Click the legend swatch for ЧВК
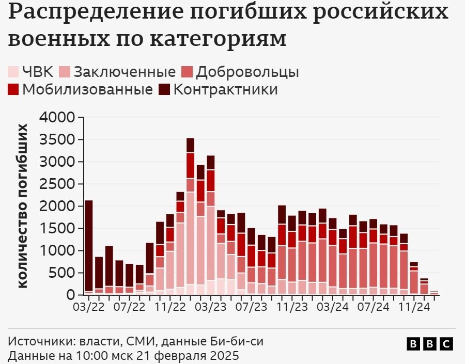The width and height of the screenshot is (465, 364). pyautogui.click(x=14, y=72)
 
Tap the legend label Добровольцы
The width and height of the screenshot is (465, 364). pyautogui.click(x=247, y=72)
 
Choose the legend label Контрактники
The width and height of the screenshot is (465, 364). pyautogui.click(x=225, y=89)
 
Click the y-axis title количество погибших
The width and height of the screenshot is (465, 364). pyautogui.click(x=24, y=205)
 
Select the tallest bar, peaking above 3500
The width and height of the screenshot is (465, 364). pyautogui.click(x=190, y=217)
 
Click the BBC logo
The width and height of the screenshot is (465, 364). pyautogui.click(x=429, y=344)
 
